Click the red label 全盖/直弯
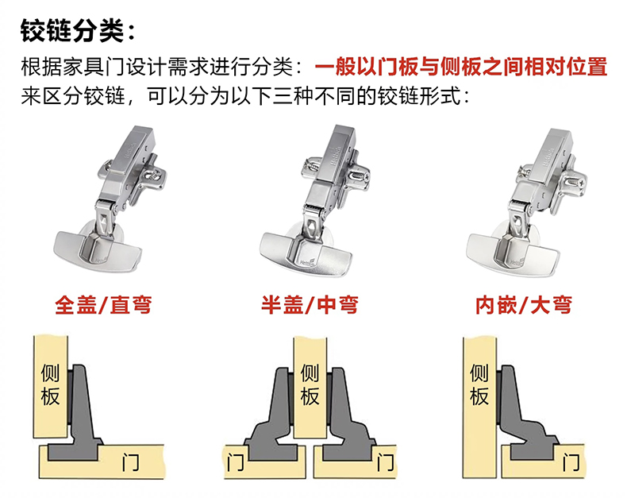point(103,305)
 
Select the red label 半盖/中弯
point(310,305)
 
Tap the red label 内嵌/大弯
point(524,305)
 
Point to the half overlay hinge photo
point(315,200)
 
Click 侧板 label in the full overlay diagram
point(50,384)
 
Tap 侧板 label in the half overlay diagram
point(310,384)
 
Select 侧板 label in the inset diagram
point(479,384)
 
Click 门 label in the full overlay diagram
point(131,462)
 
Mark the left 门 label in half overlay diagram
point(235,462)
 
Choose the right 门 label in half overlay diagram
point(385,462)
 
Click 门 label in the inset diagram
point(571,462)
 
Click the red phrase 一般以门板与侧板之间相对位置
point(460,67)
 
